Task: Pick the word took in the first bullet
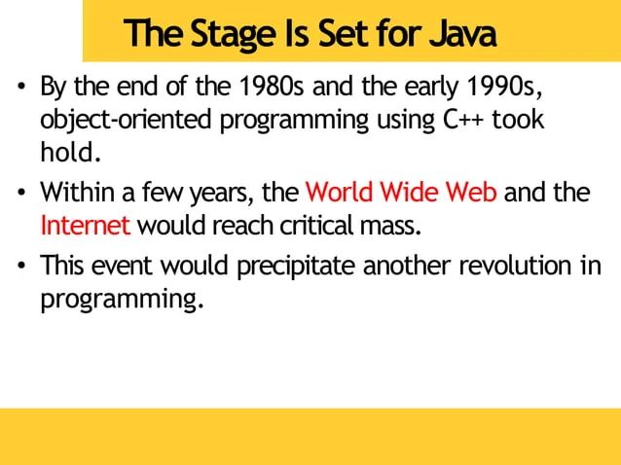(518, 124)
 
